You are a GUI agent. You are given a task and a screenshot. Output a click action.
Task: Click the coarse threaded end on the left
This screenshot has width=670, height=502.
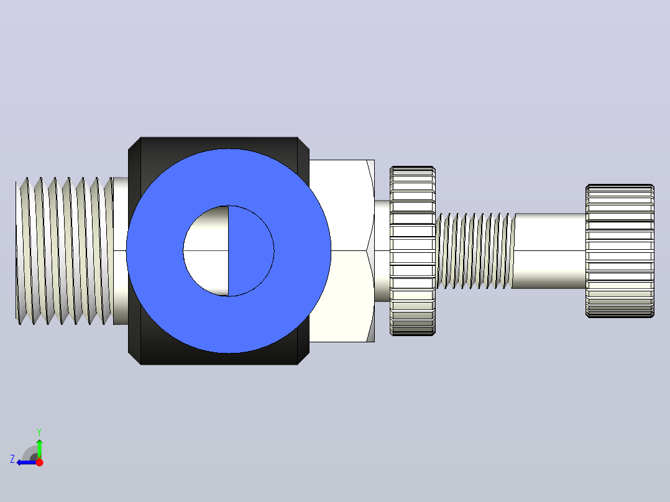(64, 251)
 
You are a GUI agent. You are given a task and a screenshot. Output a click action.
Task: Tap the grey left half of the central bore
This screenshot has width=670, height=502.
(206, 251)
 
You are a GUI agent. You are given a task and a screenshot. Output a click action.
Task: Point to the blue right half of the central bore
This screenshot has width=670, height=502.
(251, 251)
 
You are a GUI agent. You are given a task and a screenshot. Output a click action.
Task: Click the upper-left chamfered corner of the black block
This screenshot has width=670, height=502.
(134, 144)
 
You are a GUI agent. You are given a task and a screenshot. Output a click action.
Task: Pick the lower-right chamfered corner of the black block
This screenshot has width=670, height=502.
(303, 358)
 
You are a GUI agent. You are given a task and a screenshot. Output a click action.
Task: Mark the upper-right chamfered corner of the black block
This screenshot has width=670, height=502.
(303, 144)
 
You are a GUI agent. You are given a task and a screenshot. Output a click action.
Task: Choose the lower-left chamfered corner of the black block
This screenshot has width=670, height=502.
(134, 358)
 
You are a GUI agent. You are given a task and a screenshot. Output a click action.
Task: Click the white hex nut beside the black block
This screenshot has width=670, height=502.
(342, 251)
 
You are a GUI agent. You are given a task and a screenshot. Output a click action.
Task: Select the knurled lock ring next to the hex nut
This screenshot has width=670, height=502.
(413, 251)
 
